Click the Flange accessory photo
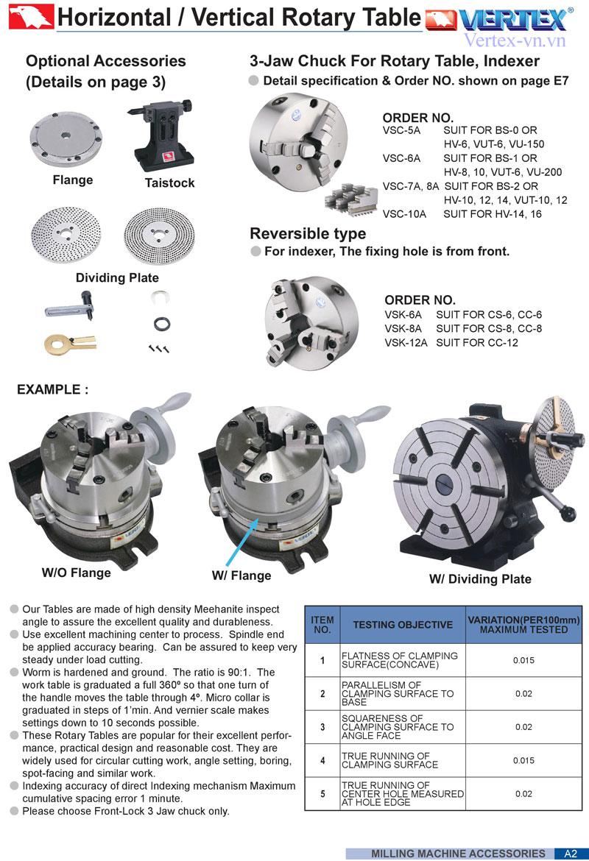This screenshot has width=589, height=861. (66, 140)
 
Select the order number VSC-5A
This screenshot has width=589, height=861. (402, 131)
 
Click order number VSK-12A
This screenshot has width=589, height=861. (406, 343)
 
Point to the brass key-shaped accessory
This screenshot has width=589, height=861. (70, 344)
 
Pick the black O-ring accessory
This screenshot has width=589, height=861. (161, 323)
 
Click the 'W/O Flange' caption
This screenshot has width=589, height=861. (77, 573)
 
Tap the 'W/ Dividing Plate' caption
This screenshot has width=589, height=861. (480, 578)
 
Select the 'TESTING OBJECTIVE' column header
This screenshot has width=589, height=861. (403, 625)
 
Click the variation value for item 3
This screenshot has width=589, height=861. (523, 727)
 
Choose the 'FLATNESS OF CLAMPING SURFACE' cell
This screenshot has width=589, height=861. (400, 660)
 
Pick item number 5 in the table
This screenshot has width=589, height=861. (322, 793)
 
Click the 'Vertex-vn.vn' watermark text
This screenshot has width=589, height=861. (515, 40)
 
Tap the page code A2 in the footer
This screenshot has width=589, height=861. (571, 854)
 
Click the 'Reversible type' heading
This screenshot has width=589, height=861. (308, 233)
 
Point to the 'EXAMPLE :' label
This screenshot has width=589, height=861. (53, 389)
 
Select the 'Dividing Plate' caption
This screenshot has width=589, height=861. (117, 278)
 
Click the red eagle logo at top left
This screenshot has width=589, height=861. (31, 16)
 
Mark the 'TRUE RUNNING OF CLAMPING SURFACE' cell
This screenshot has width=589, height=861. (389, 760)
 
